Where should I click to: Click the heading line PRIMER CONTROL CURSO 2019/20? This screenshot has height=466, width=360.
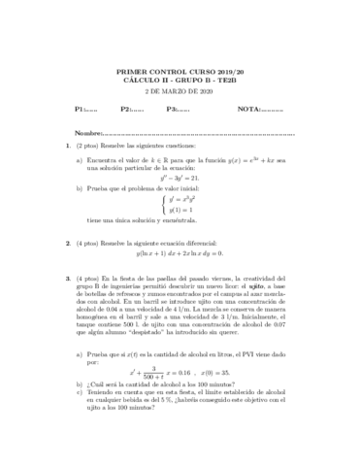[x=180, y=72]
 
